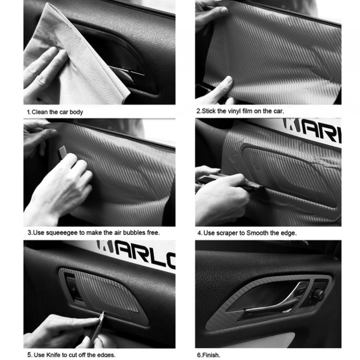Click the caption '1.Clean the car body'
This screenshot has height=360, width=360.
point(54,112)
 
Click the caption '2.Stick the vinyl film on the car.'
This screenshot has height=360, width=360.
point(240,111)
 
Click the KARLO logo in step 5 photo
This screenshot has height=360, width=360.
point(136,254)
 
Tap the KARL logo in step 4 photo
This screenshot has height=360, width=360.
point(312,129)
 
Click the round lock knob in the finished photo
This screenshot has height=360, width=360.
point(318,295)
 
